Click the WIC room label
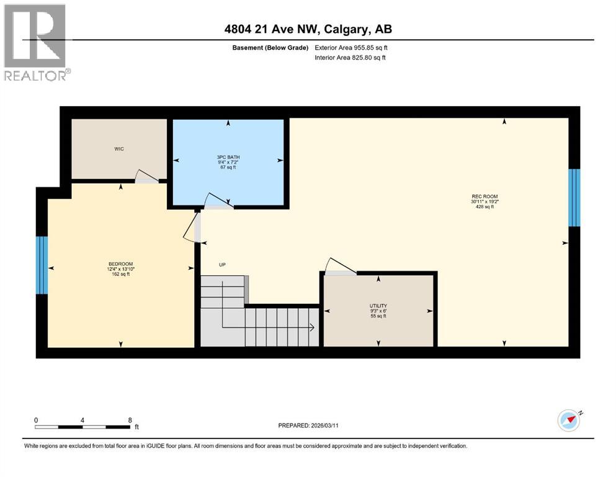(x=119, y=149)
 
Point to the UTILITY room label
(x=378, y=306)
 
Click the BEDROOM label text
(x=120, y=264)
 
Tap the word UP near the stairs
(x=222, y=265)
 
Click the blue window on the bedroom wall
(x=42, y=265)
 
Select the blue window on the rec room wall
(x=574, y=198)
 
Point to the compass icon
(x=569, y=420)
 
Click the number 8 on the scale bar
(x=129, y=420)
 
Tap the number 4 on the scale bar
(x=83, y=420)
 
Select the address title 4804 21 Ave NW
(x=308, y=29)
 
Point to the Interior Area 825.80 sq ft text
(x=350, y=58)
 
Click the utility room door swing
(x=340, y=265)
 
